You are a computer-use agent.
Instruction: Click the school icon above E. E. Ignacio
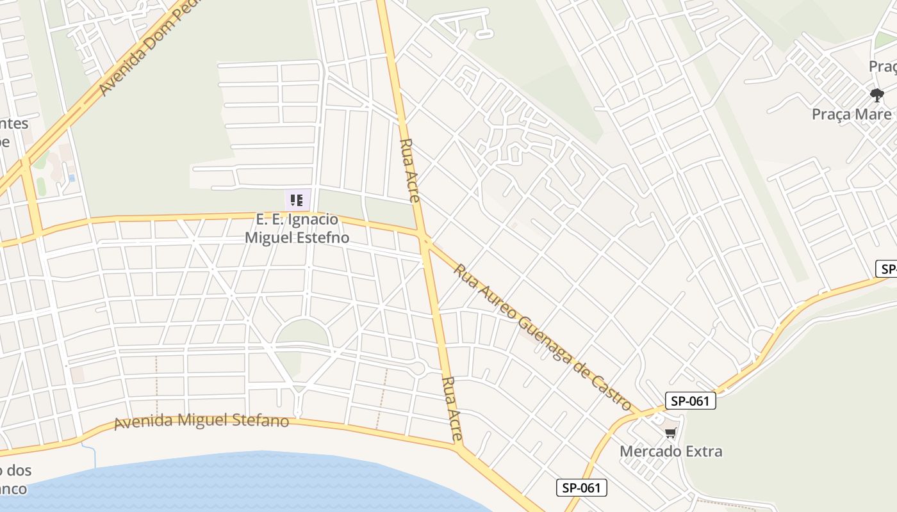pos(296,200)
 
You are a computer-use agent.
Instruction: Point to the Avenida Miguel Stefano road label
pos(201,422)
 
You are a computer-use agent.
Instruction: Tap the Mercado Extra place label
pos(671,451)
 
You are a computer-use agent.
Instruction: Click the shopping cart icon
pos(670,434)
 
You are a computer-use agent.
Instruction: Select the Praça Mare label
pos(851,115)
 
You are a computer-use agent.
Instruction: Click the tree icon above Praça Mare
pos(877,96)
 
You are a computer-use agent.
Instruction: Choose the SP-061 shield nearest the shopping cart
pos(690,401)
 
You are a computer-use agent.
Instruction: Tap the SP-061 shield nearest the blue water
pos(581,488)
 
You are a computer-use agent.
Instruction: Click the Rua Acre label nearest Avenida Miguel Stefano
pos(452,408)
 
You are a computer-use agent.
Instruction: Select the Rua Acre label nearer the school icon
pos(409,170)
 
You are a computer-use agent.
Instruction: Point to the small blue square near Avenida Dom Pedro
pos(71,178)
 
